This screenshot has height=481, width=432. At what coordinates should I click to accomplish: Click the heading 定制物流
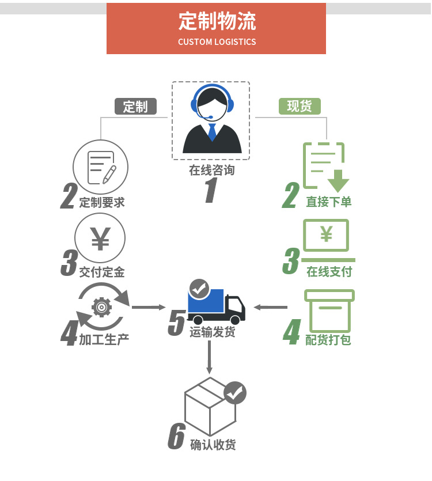click(x=217, y=21)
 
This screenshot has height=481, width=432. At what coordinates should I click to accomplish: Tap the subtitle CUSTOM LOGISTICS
click(x=217, y=42)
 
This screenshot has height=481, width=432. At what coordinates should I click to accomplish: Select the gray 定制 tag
click(x=135, y=107)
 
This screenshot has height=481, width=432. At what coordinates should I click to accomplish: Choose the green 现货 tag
click(x=300, y=106)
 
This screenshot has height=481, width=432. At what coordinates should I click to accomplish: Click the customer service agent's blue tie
click(x=212, y=132)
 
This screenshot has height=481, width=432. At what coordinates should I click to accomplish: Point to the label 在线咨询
click(x=211, y=171)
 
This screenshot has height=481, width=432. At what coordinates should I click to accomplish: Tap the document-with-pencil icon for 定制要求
click(x=100, y=167)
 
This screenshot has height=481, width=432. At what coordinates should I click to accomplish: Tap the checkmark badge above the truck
click(x=199, y=287)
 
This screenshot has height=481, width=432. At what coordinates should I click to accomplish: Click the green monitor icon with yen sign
click(x=326, y=236)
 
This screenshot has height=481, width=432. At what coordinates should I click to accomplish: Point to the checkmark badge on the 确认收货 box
click(x=234, y=393)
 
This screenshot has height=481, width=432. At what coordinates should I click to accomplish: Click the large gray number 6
click(x=176, y=437)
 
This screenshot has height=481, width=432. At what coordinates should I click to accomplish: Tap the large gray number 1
click(x=210, y=191)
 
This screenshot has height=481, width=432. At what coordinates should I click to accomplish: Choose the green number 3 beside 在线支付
click(x=291, y=262)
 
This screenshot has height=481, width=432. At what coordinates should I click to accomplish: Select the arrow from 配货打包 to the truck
click(x=270, y=307)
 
